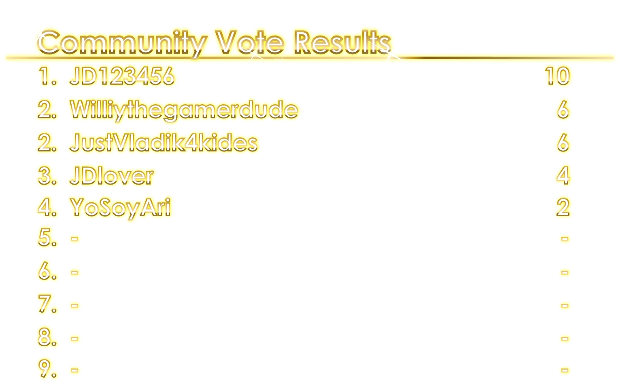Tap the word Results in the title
click(342, 42)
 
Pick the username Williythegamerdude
click(184, 109)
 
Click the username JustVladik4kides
click(163, 143)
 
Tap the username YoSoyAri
click(120, 207)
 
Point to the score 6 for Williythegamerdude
click(563, 109)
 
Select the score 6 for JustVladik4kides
click(563, 143)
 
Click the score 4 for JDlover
click(563, 176)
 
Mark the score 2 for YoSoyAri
click(563, 207)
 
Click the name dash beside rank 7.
click(74, 305)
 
